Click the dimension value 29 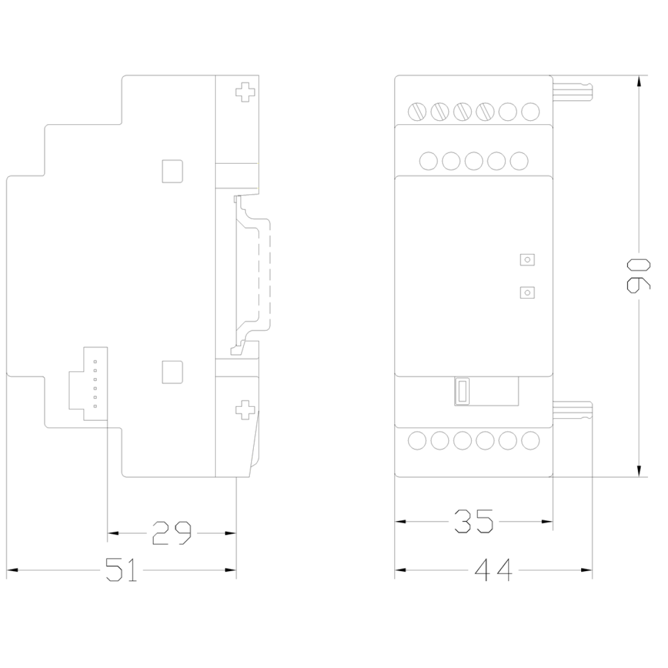[171, 533]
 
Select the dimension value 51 [121, 569]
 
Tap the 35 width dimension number [474, 521]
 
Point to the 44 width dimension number [493, 569]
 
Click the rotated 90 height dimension [638, 276]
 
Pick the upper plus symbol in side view [245, 92]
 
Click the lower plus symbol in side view [245, 410]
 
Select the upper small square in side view [173, 171]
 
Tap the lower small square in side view [173, 372]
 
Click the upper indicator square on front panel [527, 259]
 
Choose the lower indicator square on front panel [527, 293]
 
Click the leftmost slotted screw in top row [417, 112]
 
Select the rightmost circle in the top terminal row [531, 112]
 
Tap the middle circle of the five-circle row [474, 161]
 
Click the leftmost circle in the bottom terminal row [417, 440]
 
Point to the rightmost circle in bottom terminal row [531, 440]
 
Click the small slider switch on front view [462, 391]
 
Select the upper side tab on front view [573, 91]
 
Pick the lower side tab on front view [573, 411]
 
